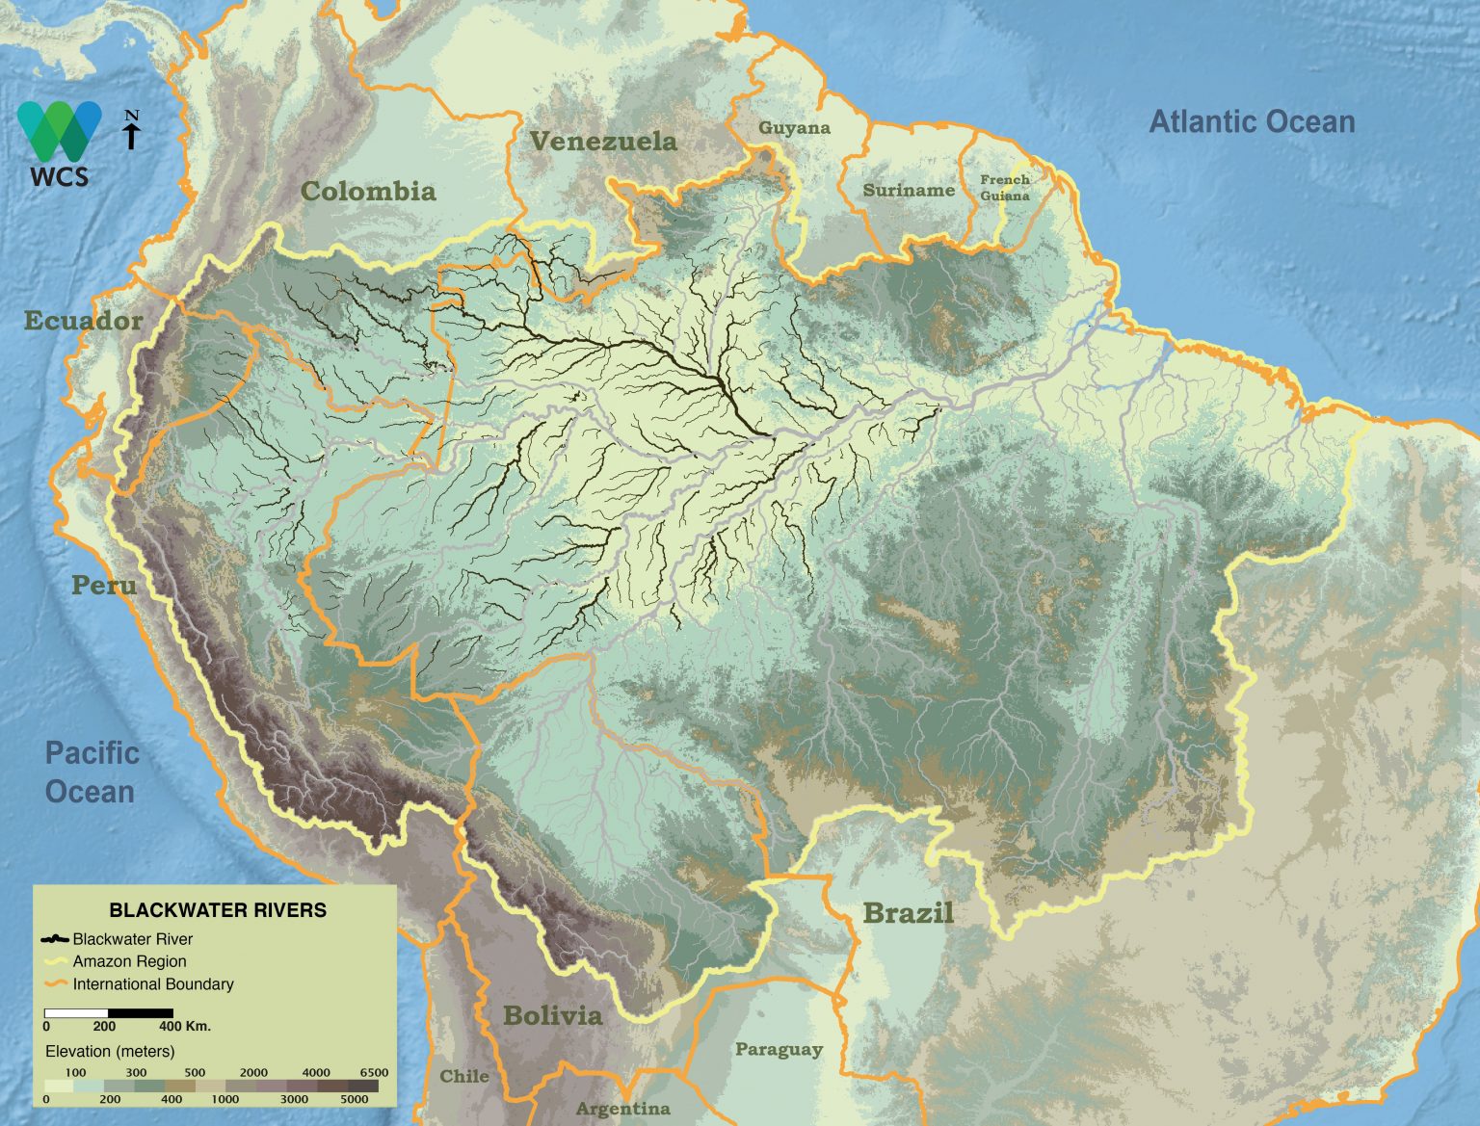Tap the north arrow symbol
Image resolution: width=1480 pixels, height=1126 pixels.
click(x=132, y=130)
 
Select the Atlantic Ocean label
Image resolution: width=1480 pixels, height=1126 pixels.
click(x=1252, y=122)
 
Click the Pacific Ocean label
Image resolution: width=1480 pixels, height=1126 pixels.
click(x=92, y=772)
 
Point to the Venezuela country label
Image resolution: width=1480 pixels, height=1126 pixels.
click(x=603, y=142)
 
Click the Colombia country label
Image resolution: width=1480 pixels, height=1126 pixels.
click(x=368, y=191)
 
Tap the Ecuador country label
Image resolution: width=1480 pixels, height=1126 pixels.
click(x=83, y=321)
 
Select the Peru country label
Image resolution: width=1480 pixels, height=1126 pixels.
click(x=103, y=585)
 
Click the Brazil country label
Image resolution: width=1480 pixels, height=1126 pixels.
click(x=908, y=912)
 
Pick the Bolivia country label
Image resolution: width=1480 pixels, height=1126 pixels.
click(x=552, y=1015)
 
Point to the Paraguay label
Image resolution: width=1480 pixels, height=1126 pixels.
click(x=779, y=1049)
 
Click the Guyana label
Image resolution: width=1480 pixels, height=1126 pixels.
click(x=794, y=128)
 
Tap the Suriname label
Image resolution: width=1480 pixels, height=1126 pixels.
click(x=908, y=190)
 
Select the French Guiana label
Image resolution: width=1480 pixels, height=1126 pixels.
click(x=1005, y=188)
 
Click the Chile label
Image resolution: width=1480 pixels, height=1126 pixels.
click(x=464, y=1076)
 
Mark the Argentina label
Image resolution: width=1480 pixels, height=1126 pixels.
click(x=622, y=1109)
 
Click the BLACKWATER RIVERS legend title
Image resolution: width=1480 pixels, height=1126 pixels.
click(x=218, y=910)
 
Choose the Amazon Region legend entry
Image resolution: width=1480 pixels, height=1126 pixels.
click(x=129, y=961)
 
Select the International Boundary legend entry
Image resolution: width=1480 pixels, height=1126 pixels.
click(x=152, y=984)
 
